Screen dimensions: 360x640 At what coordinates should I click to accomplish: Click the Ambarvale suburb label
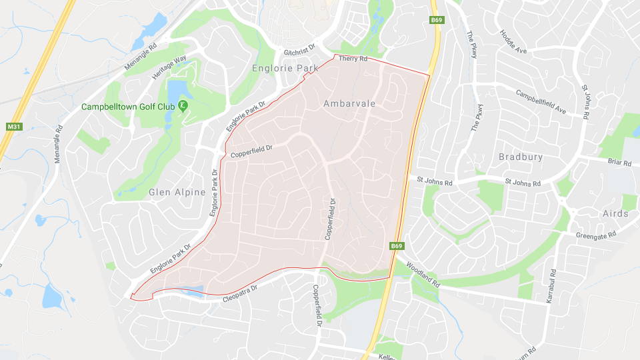coord(349,103)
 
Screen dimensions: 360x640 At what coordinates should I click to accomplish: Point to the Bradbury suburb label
coord(521,157)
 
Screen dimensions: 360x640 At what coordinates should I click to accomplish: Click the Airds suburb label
coord(615,213)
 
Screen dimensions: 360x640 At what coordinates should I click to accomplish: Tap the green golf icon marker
coord(183,106)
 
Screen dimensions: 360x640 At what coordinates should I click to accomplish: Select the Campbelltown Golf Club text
coord(128,107)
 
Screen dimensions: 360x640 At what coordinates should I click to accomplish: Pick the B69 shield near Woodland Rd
coord(397,246)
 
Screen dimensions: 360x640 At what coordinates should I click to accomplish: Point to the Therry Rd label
coord(353,59)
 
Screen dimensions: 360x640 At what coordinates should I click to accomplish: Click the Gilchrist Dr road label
coord(299,53)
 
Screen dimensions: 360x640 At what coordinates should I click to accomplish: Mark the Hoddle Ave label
coord(513,41)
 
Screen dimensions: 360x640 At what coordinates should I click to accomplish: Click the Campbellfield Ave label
coord(540,102)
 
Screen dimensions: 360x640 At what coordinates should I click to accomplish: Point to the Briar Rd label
coord(619,161)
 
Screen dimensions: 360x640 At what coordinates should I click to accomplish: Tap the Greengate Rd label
coord(597,235)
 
